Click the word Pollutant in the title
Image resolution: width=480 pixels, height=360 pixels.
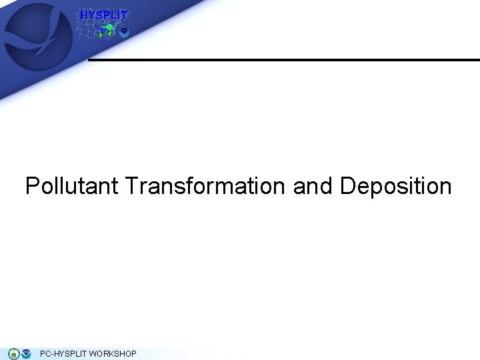[x=72, y=186]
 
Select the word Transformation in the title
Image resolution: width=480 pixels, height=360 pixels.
[x=204, y=186]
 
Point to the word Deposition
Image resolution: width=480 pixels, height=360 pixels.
[x=396, y=186]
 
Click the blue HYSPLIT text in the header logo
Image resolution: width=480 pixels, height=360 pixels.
[x=103, y=15]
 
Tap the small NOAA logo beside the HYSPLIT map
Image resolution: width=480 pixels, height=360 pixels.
[x=123, y=32]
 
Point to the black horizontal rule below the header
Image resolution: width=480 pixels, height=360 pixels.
[x=283, y=60]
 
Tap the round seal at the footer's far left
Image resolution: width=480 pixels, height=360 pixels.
[x=13, y=353]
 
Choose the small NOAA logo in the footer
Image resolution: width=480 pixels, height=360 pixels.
[x=26, y=353]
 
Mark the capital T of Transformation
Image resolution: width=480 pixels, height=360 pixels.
[x=130, y=186]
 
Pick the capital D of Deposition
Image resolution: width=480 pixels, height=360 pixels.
[x=348, y=186]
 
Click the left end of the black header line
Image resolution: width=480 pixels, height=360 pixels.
[x=91, y=60]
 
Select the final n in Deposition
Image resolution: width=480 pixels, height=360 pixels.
[x=445, y=187]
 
